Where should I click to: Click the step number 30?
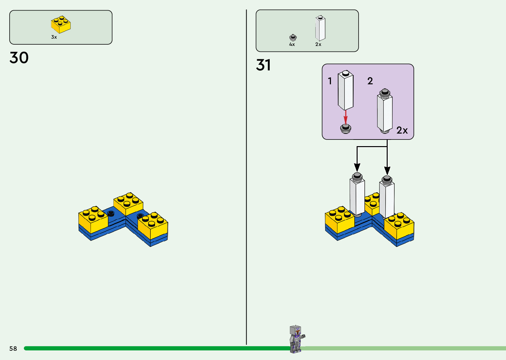[19, 58]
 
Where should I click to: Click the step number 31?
[263, 65]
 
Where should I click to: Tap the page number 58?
[13, 348]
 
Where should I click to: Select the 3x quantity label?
[54, 37]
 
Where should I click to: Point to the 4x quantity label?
[292, 44]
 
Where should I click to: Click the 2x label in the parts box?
[318, 44]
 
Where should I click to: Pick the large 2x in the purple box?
[402, 130]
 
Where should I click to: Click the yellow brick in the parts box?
[61, 24]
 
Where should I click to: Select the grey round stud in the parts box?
[293, 37]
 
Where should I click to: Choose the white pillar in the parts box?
[320, 28]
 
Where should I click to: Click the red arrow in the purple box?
[346, 117]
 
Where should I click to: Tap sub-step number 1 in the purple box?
[330, 81]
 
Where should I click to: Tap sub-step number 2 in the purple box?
[370, 81]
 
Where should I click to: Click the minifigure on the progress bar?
[297, 339]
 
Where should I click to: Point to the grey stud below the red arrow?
[346, 129]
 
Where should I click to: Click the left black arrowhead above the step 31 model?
[357, 168]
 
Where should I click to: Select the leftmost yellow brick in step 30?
[93, 220]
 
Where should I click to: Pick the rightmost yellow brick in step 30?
[153, 225]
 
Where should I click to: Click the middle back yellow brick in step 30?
[128, 204]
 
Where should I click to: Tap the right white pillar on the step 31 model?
[387, 197]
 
